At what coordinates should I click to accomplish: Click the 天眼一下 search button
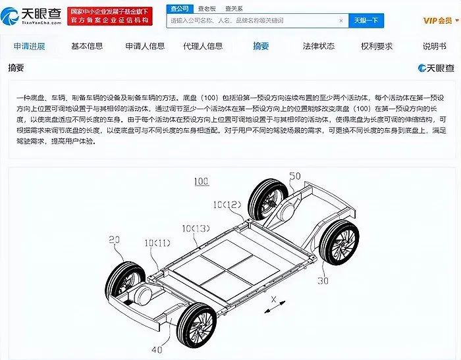[366, 20]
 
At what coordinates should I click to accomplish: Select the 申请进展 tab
[30, 46]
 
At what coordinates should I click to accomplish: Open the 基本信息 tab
[87, 46]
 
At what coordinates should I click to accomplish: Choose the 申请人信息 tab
[145, 46]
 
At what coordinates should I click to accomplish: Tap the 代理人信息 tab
[203, 46]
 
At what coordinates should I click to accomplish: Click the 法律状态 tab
[318, 46]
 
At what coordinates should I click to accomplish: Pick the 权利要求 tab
[377, 46]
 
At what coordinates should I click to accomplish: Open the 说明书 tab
[434, 46]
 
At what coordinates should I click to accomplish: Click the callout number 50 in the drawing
[295, 177]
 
